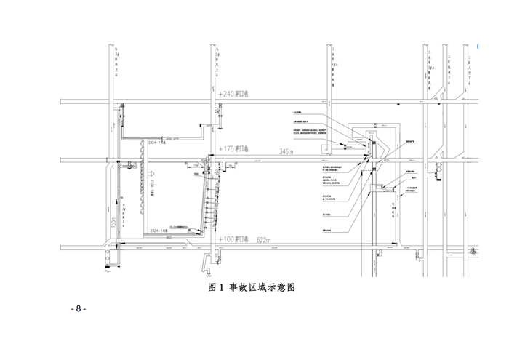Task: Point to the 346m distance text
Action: click(286, 151)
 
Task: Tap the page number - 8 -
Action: click(79, 308)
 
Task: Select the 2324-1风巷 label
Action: click(158, 144)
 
